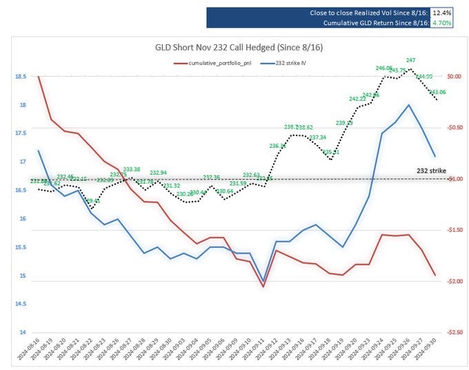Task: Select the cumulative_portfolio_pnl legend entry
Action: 217,63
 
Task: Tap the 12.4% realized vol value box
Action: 443,13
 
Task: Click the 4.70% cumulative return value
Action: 443,23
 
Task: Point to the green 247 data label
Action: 410,61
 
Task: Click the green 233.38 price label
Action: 132,169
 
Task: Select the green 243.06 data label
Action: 437,92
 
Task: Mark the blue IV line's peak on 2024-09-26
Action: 409,105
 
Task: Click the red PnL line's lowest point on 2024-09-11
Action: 263,286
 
